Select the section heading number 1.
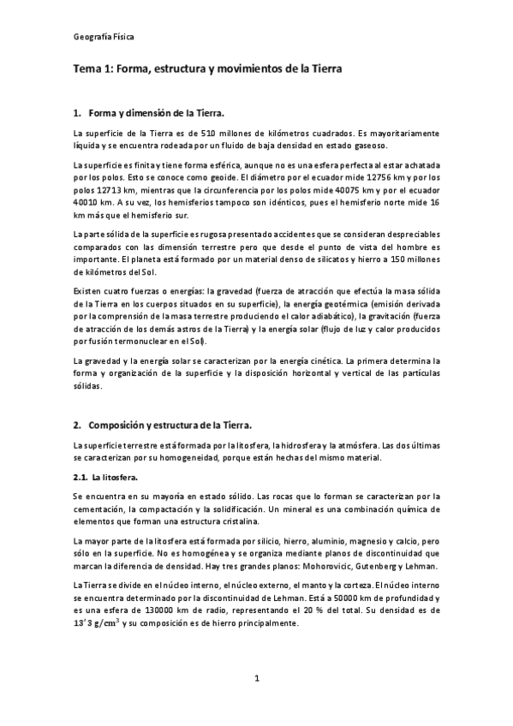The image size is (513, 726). pyautogui.click(x=77, y=112)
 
